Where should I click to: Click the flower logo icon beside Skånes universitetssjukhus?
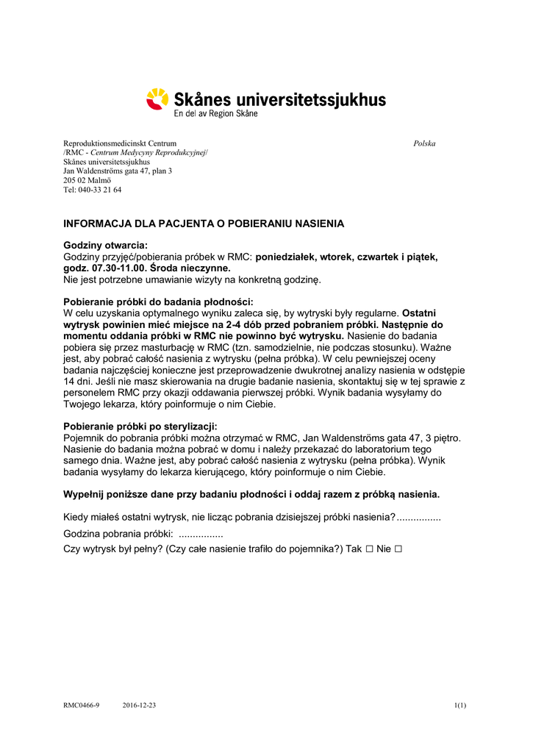click(x=157, y=99)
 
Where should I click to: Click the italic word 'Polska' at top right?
click(x=424, y=143)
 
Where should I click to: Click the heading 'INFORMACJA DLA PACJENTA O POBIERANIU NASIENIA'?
click(x=204, y=224)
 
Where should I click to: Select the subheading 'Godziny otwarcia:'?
click(x=105, y=245)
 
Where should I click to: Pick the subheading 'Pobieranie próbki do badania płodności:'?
click(x=158, y=301)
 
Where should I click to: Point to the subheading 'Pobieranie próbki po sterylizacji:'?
click(x=140, y=427)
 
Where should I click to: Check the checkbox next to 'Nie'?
click(x=398, y=549)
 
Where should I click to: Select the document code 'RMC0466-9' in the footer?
click(x=81, y=706)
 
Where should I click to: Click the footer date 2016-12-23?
click(x=139, y=706)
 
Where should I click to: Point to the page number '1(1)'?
click(x=460, y=706)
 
